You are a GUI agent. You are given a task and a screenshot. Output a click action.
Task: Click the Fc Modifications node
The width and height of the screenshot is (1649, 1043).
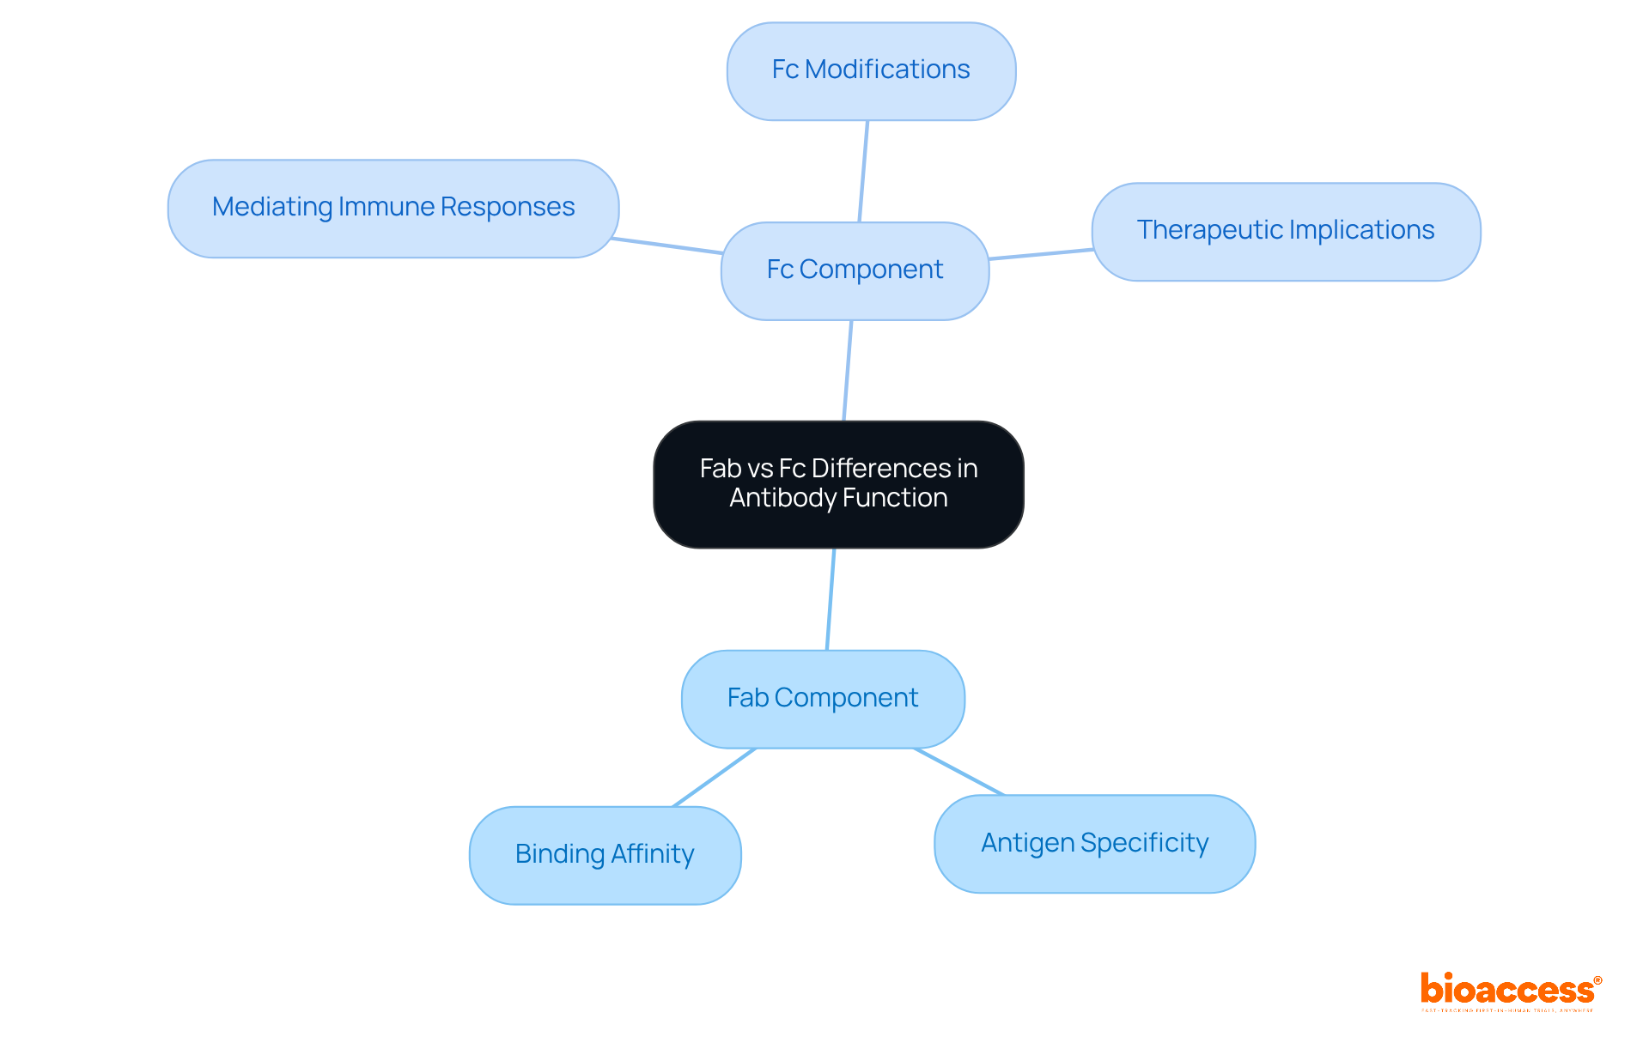pyautogui.click(x=871, y=71)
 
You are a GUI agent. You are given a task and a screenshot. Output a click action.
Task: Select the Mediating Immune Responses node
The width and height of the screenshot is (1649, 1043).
pyautogui.click(x=393, y=209)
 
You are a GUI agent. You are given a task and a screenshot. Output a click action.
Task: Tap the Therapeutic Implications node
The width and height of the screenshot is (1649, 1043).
pyautogui.click(x=1286, y=232)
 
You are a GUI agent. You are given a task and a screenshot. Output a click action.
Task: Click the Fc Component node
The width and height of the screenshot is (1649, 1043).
pyautogui.click(x=855, y=271)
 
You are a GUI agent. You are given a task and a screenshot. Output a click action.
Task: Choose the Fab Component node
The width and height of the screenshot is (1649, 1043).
pyautogui.click(x=823, y=699)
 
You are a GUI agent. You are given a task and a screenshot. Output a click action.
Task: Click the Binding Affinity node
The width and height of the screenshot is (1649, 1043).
pyautogui.click(x=605, y=855)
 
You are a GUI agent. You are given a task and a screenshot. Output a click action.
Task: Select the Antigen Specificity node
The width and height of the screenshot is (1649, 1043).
pyautogui.click(x=1094, y=844)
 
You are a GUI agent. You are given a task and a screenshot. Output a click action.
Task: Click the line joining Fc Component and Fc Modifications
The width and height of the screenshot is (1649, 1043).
pyautogui.click(x=863, y=172)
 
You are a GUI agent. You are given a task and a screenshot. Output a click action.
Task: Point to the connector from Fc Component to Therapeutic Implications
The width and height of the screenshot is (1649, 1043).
pyautogui.click(x=1040, y=254)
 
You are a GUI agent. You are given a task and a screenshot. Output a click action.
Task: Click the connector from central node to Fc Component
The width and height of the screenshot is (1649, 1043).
pyautogui.click(x=848, y=371)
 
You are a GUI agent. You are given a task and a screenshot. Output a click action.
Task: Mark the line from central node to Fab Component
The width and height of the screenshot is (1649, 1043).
pyautogui.click(x=831, y=599)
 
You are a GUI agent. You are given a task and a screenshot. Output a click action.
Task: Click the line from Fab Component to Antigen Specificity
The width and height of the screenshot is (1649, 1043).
pyautogui.click(x=958, y=772)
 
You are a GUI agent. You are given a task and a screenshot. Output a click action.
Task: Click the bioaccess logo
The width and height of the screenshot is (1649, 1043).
pyautogui.click(x=1509, y=990)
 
